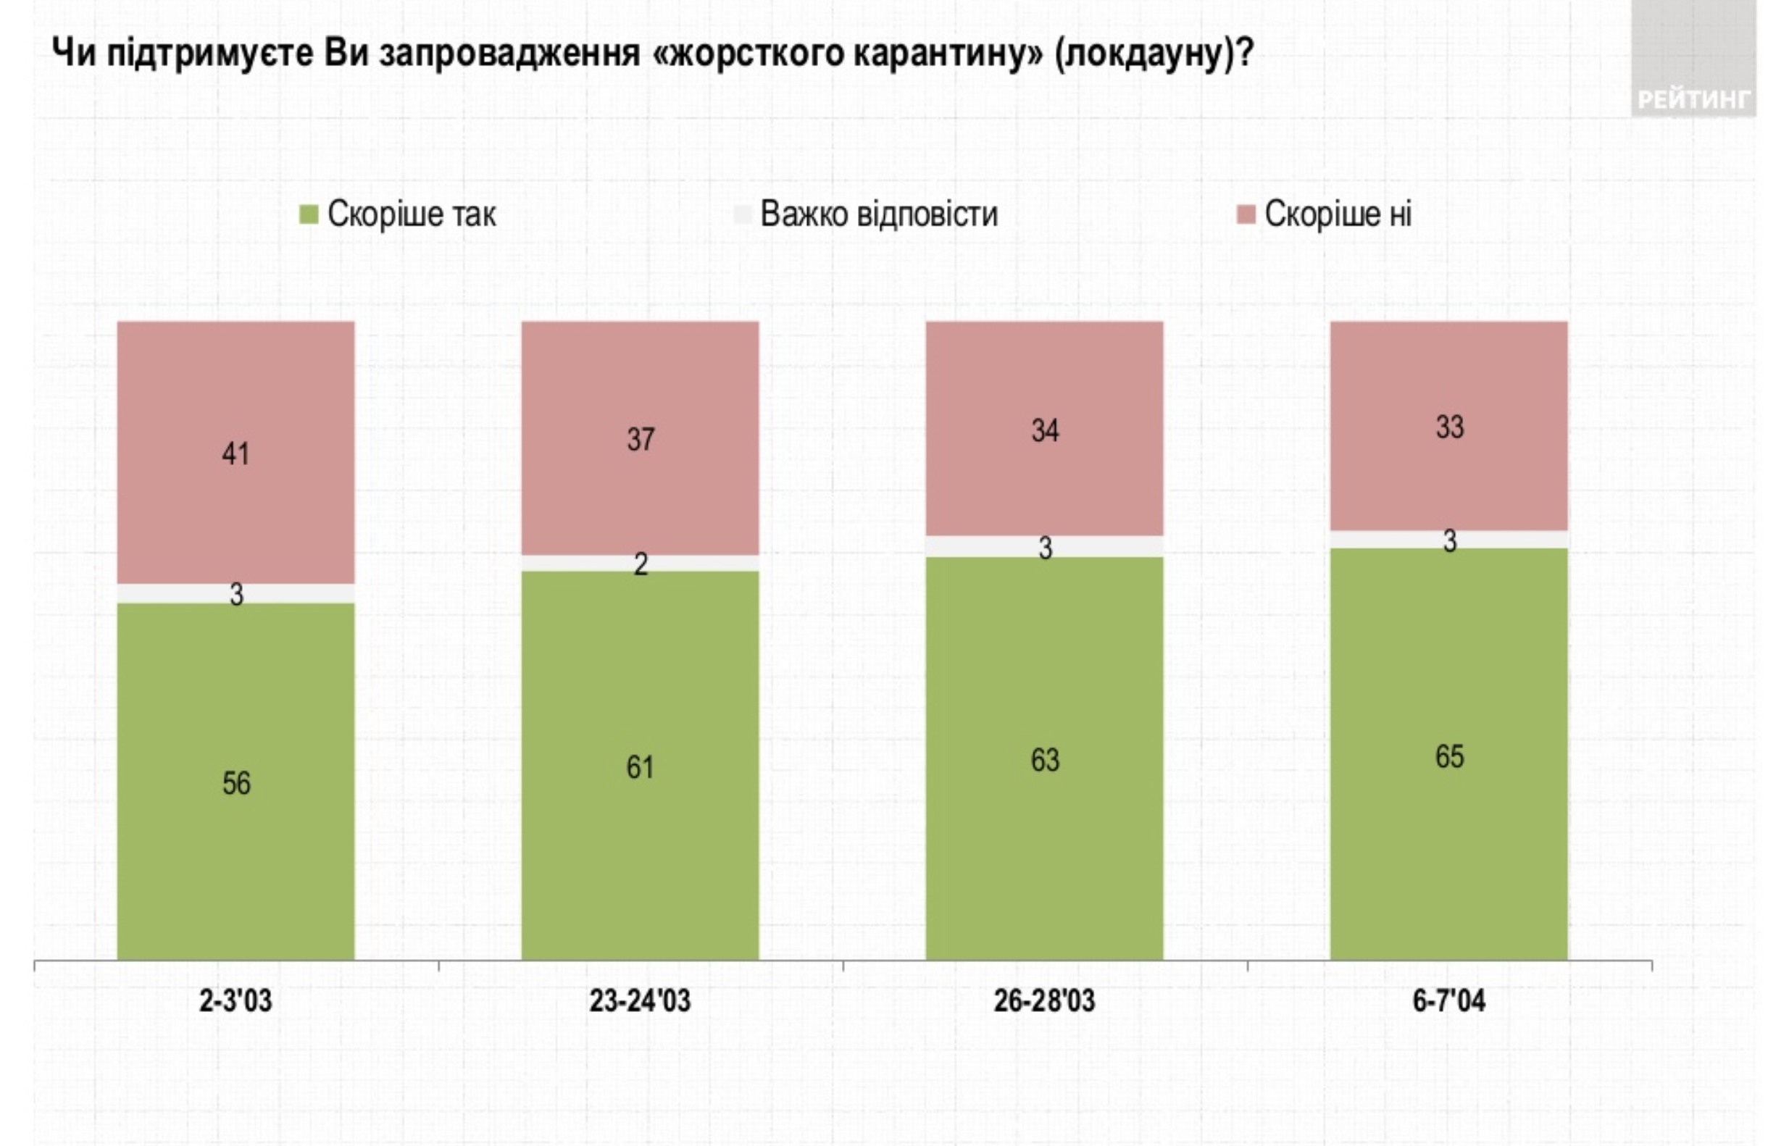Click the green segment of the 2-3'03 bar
(x=235, y=854)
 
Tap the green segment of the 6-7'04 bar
(x=1448, y=854)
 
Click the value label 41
(x=235, y=453)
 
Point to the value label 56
(x=236, y=784)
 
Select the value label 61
(x=640, y=767)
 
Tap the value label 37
(x=641, y=440)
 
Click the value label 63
(x=1044, y=760)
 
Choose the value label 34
(x=1044, y=431)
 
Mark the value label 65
(x=1449, y=757)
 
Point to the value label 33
(x=1449, y=427)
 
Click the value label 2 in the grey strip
(x=641, y=564)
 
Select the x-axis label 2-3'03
(x=235, y=1001)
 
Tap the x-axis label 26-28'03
(x=1043, y=1001)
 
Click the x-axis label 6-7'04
(x=1448, y=1001)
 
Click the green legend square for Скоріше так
(x=308, y=214)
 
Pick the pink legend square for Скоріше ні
(x=1246, y=214)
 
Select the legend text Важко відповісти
(x=879, y=214)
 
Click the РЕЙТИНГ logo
(x=1693, y=98)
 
